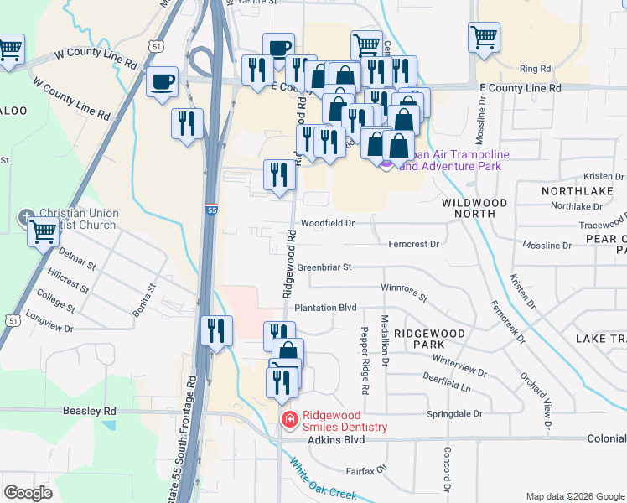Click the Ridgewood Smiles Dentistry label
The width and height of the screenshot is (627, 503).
pyautogui.click(x=345, y=421)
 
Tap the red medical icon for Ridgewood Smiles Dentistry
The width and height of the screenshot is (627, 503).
pyautogui.click(x=288, y=419)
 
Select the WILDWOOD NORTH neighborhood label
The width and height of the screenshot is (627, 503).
pyautogui.click(x=474, y=210)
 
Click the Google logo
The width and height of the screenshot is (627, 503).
pyautogui.click(x=28, y=493)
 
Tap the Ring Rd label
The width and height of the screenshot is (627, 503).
pyautogui.click(x=535, y=68)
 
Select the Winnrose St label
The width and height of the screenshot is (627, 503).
pyautogui.click(x=404, y=293)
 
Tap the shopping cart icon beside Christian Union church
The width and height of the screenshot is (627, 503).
pyautogui.click(x=44, y=231)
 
